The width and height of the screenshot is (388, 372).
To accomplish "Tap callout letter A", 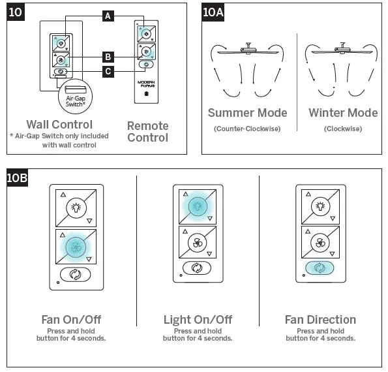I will (108, 16).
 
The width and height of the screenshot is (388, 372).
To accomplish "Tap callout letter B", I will (108, 57).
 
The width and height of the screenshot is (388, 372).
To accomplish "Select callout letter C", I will (108, 70).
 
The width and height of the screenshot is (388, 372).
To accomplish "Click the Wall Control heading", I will (59, 124).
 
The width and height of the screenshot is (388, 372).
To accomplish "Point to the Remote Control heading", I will (147, 131).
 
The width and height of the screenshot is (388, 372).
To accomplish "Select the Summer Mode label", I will (246, 113).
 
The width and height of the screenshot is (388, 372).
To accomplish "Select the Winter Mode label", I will (343, 113).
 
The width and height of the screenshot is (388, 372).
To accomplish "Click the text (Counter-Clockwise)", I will (246, 129).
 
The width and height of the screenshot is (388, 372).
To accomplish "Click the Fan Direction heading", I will (320, 320).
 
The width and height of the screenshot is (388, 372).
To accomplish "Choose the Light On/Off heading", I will (198, 320).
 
